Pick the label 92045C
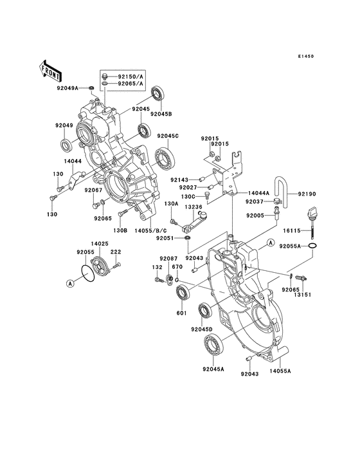click(x=166, y=136)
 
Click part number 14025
click(x=98, y=244)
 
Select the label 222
click(x=116, y=252)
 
